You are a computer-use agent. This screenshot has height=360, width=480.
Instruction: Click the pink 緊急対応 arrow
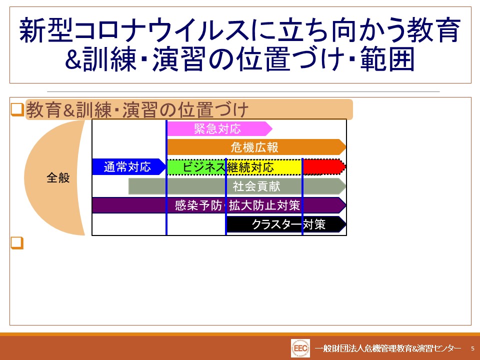coord(219,128)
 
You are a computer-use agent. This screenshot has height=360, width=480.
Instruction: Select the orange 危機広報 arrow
coord(256,147)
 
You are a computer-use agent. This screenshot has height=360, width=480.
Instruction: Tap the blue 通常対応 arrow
coord(129,167)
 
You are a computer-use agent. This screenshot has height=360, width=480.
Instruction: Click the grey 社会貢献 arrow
coord(237,186)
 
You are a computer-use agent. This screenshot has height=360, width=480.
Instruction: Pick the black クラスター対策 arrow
coord(286,224)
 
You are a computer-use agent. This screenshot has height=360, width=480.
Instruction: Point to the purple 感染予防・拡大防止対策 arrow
coord(219,205)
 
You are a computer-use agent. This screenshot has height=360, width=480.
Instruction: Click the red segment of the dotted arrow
coord(324,167)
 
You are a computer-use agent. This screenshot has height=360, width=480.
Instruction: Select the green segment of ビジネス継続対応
coord(196,167)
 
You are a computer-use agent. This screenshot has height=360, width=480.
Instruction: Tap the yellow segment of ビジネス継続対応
coord(264,167)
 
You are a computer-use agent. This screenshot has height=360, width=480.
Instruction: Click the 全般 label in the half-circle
coord(58,177)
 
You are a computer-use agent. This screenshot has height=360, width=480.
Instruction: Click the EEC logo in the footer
coord(300,348)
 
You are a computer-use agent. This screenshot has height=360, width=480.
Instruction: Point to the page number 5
coord(472,348)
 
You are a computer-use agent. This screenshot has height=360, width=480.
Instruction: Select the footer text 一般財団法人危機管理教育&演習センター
coord(387,348)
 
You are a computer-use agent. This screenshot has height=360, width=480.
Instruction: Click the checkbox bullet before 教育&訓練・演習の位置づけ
coord(17,109)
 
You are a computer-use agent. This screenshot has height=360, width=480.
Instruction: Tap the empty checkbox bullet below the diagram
coord(17,243)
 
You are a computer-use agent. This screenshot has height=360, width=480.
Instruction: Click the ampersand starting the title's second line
coord(73,59)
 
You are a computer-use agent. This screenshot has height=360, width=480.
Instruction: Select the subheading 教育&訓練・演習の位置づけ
coord(137,109)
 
